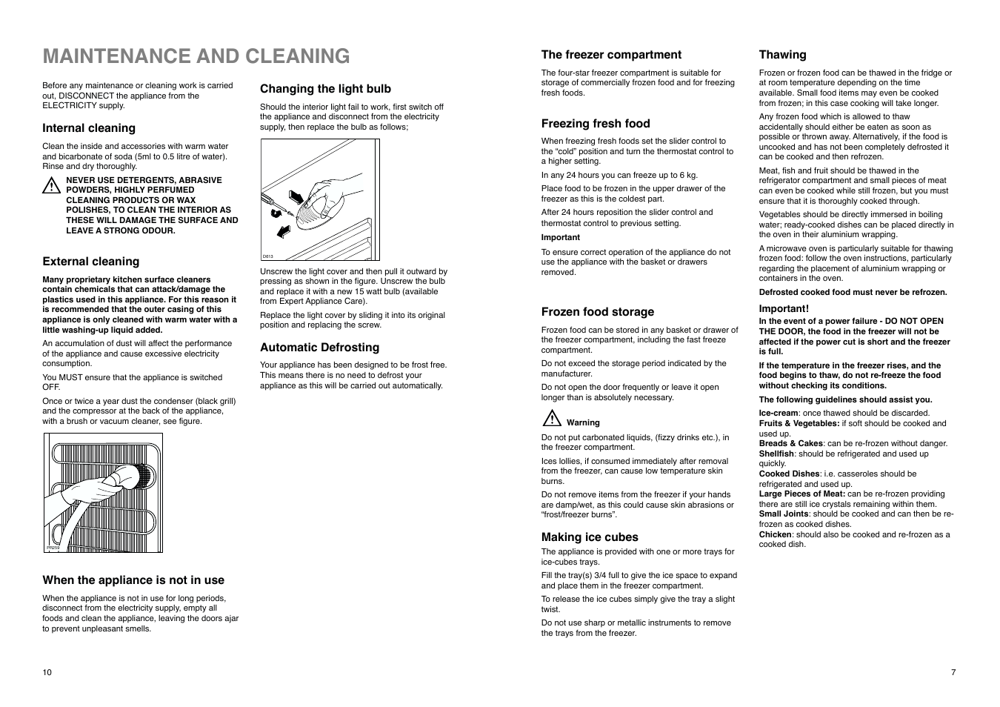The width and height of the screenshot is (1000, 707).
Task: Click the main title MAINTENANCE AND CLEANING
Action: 196,56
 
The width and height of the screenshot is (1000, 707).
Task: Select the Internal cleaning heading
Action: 89,128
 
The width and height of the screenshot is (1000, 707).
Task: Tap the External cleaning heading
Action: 90,262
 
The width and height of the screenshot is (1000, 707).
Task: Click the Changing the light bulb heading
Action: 325,89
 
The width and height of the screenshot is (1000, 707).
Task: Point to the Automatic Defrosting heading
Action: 319,348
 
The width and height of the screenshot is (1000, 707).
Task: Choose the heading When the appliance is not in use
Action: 133,580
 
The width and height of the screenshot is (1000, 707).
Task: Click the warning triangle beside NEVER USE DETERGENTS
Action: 50,186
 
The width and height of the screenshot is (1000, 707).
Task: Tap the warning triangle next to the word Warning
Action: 551,419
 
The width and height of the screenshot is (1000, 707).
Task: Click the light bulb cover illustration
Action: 320,200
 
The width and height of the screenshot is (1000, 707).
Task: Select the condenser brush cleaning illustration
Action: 103,493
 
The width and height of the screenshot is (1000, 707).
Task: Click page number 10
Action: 47,672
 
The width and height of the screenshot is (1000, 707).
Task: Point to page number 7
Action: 953,672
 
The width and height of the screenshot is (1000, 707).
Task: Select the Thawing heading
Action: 782,55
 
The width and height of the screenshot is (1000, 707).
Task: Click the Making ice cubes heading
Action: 589,537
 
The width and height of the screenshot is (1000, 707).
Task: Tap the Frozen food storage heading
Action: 597,312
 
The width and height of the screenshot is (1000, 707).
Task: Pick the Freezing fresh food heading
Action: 595,124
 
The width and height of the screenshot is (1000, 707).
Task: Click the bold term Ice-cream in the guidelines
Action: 778,414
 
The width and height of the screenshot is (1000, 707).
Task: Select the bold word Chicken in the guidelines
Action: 775,534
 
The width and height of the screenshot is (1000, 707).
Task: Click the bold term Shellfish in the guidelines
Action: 776,454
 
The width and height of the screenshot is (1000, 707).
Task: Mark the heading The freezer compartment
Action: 610,55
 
